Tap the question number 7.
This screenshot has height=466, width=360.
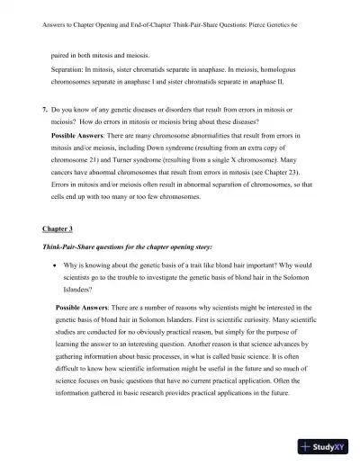pos(44,108)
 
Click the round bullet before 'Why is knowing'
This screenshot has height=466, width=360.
pos(57,266)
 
